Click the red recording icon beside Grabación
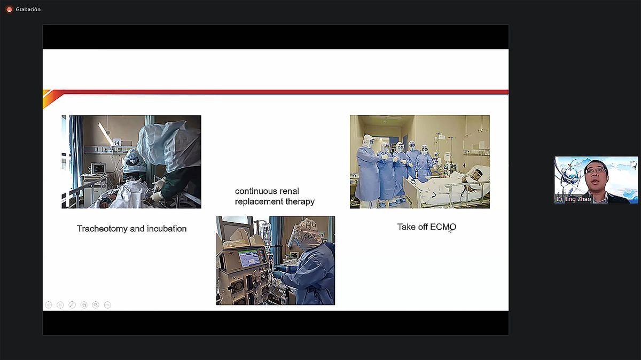(10, 10)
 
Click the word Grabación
(28, 10)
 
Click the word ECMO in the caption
(443, 227)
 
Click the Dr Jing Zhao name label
(574, 199)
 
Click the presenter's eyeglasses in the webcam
(596, 171)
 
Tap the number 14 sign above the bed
(116, 142)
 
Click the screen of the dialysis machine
(249, 258)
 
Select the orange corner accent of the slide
(51, 98)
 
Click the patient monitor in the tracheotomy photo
(98, 169)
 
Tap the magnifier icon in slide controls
(96, 305)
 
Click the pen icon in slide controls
(72, 305)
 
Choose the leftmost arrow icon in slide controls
(49, 305)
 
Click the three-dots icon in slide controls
(107, 305)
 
